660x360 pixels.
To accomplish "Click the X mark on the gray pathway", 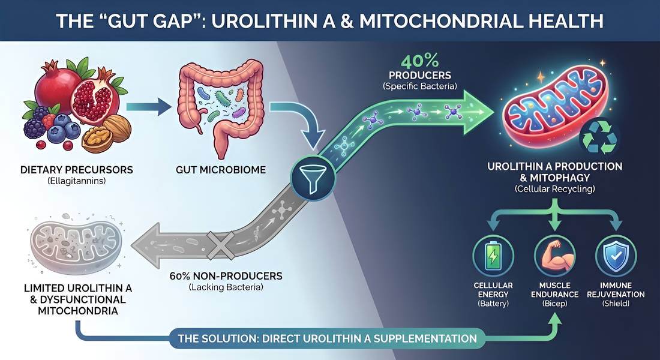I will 220,242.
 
